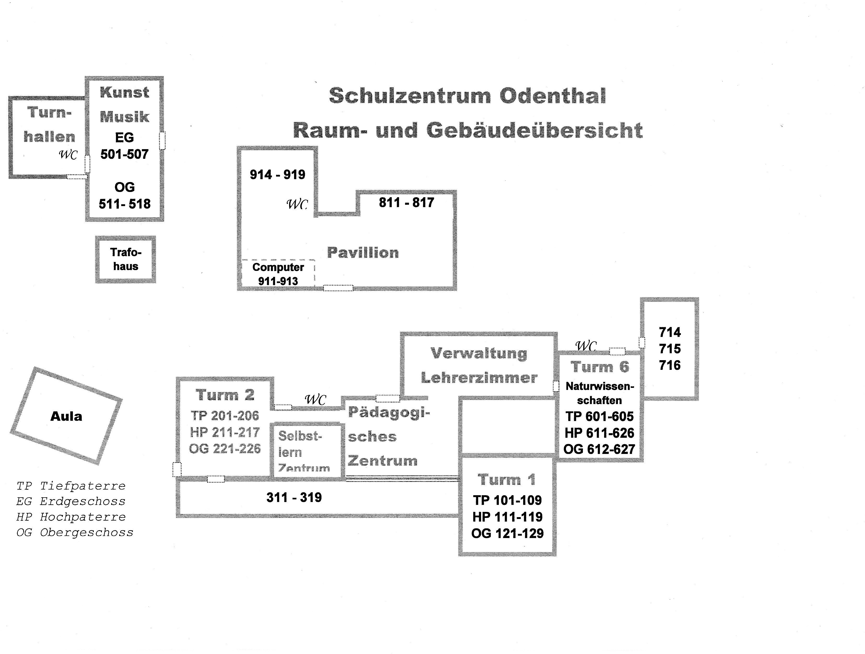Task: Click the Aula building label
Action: pyautogui.click(x=66, y=416)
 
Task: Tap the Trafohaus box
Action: pyautogui.click(x=126, y=259)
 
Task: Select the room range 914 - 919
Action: pyautogui.click(x=277, y=174)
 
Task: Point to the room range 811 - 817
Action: pyautogui.click(x=406, y=203)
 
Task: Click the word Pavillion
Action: pyautogui.click(x=363, y=253)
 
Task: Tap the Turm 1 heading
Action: pyautogui.click(x=506, y=480)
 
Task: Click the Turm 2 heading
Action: pyautogui.click(x=225, y=395)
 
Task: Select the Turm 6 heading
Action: pyautogui.click(x=599, y=367)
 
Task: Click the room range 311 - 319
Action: pyautogui.click(x=294, y=498)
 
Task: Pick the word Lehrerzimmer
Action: pyautogui.click(x=479, y=378)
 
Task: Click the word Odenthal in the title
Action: pyautogui.click(x=553, y=96)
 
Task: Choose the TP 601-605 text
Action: pyautogui.click(x=599, y=417)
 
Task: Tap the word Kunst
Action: pyautogui.click(x=124, y=92)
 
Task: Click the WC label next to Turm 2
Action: pyautogui.click(x=315, y=400)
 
